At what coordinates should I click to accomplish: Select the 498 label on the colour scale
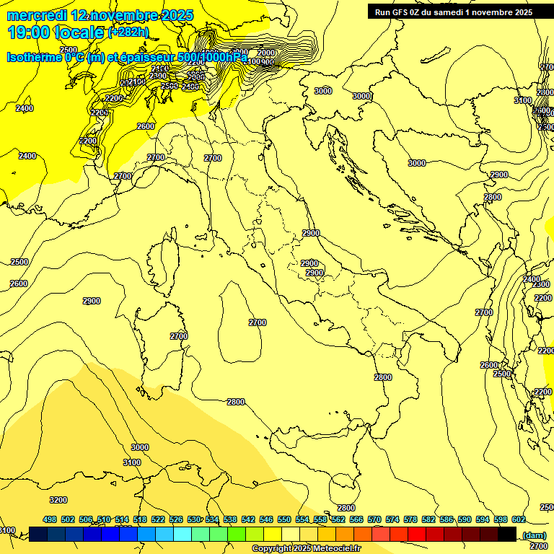point(50,519)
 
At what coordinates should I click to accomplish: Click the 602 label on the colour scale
point(518,519)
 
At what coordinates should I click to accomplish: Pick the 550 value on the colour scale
point(284,519)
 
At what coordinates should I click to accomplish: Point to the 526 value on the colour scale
point(176,519)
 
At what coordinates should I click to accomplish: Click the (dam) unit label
point(534,535)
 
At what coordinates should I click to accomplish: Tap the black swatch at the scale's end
point(506,534)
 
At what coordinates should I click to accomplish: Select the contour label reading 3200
point(58,500)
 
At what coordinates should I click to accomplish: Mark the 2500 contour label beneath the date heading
point(69,50)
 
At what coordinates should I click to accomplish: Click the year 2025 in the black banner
point(519,12)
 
